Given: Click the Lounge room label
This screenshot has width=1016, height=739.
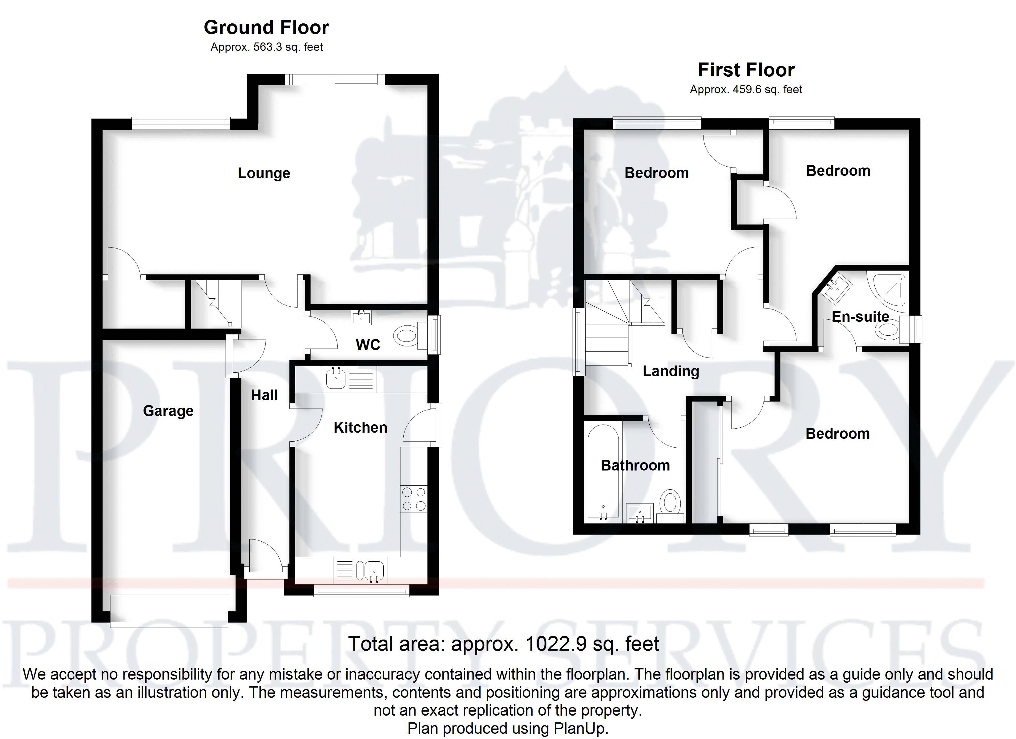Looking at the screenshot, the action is point(264,173).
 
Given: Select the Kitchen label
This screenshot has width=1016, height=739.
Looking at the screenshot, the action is point(360,427).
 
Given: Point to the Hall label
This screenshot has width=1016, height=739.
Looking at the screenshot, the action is point(264,395).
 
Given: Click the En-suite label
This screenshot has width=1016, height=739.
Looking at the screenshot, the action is point(860,317).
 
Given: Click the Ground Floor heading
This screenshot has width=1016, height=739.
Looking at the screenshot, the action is point(267,28).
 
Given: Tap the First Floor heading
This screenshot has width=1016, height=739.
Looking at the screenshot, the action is point(746,71).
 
